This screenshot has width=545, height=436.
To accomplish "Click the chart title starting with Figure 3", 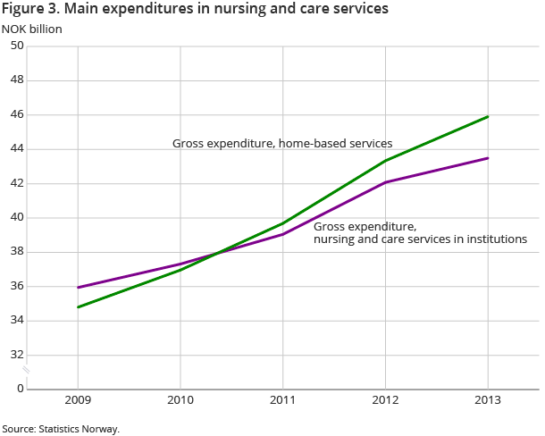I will pyautogui.click(x=196, y=10).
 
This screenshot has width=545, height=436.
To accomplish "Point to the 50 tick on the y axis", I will pyautogui.click(x=16, y=46).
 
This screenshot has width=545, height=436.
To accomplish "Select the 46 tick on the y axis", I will pyautogui.click(x=16, y=115).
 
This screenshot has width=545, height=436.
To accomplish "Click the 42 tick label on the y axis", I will pyautogui.click(x=16, y=183).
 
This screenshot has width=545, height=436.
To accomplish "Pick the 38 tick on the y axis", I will pyautogui.click(x=16, y=252).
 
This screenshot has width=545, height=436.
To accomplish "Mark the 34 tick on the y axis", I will pyautogui.click(x=16, y=320).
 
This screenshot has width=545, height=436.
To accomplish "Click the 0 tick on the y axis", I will pyautogui.click(x=20, y=389).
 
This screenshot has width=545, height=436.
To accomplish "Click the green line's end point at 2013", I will pyautogui.click(x=488, y=116).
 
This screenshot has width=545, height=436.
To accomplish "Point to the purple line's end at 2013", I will pyautogui.click(x=488, y=158).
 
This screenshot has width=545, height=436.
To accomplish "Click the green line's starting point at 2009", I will pyautogui.click(x=79, y=307).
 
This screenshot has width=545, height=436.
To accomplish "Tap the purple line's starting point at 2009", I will pyautogui.click(x=79, y=288).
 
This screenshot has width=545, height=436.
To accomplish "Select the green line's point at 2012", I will pyautogui.click(x=386, y=161).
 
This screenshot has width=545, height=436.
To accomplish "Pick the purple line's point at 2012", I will pyautogui.click(x=386, y=182).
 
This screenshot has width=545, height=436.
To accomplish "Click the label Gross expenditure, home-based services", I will pyautogui.click(x=282, y=143).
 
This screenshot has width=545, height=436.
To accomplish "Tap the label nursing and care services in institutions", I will pyautogui.click(x=420, y=239).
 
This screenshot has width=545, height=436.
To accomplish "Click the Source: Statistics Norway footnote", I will pyautogui.click(x=61, y=429).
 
